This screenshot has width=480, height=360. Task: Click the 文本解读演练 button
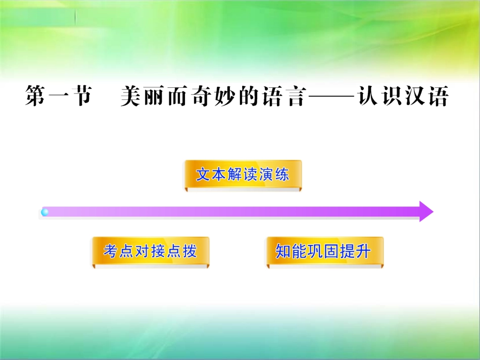(243, 175)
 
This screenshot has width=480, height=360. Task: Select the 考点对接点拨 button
(150, 251)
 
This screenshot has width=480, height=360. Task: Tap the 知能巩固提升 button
(325, 251)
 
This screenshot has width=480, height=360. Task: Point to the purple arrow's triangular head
(425, 211)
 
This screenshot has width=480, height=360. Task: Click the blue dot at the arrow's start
(45, 212)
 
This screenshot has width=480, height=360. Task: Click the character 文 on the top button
(203, 175)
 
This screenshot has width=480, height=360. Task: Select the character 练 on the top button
(282, 175)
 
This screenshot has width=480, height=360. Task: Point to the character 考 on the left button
(111, 251)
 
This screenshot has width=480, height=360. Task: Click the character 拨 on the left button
(189, 251)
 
